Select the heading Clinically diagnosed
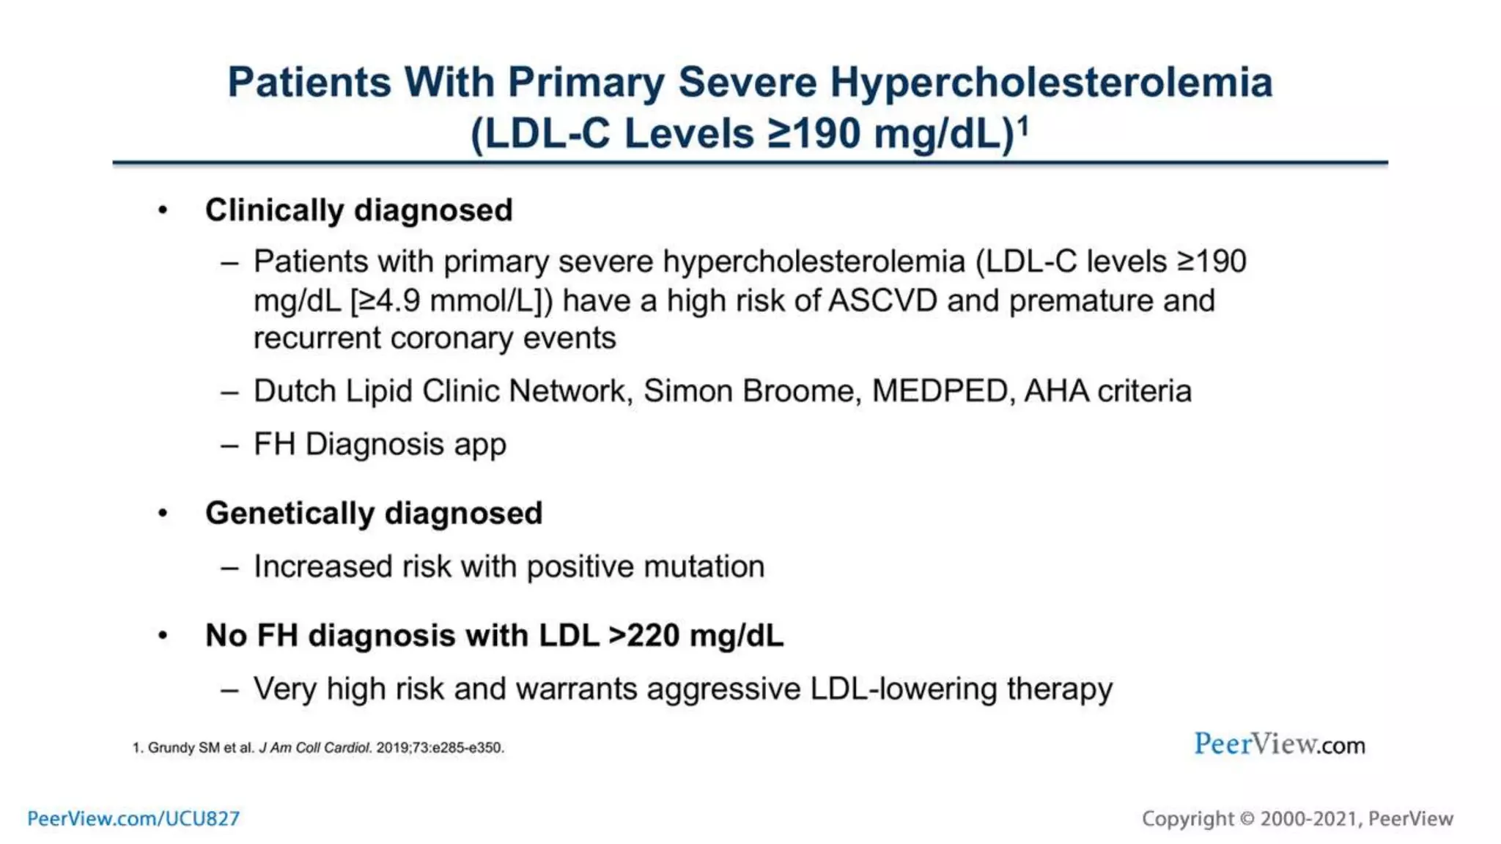coord(358,210)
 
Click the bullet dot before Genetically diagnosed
coord(163,514)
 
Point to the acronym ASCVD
coord(882,301)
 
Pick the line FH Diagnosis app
coord(380,445)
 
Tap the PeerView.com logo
coord(1279,744)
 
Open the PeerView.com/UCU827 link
coord(133,818)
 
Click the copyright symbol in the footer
coord(1247,819)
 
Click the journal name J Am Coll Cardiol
coord(315,748)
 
